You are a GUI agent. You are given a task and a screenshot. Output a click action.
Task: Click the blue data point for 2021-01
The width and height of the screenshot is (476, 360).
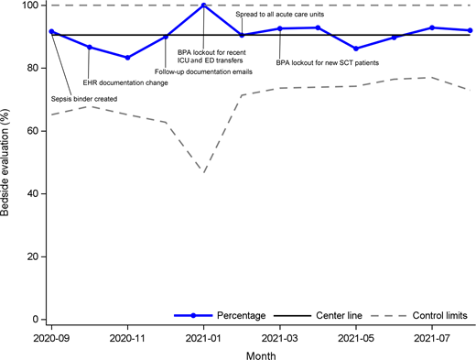coord(203,5)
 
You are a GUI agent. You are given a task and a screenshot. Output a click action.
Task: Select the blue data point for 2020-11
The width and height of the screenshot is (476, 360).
coord(127,58)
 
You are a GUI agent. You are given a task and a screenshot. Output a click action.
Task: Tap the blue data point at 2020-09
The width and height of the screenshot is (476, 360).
coord(51,31)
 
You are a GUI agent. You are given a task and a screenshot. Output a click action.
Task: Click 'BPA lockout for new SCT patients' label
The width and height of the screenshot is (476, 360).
coord(328,63)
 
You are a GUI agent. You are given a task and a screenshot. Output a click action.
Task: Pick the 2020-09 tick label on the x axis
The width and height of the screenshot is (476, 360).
coord(51,337)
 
